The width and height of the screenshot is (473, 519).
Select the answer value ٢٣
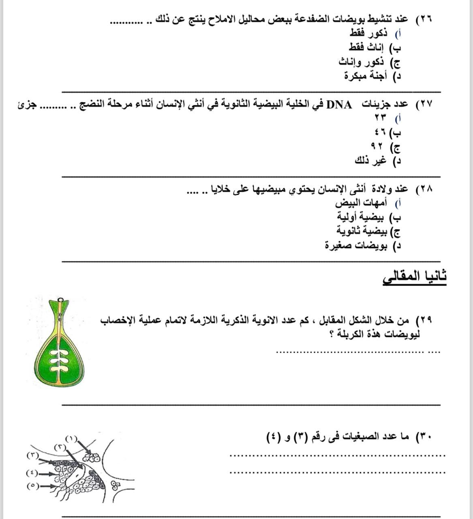tap(381, 118)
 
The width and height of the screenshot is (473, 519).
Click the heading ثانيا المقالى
tap(414, 277)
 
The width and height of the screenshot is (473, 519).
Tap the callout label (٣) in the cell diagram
tap(32, 455)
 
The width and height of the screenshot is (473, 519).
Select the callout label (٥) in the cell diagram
tap(32, 485)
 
